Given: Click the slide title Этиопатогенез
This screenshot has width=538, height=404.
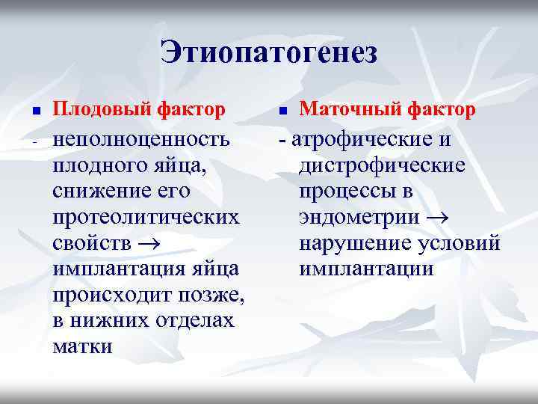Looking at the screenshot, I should (269, 52).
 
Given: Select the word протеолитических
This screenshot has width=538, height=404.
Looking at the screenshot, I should (146, 218).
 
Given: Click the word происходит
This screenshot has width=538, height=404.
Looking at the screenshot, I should (110, 296).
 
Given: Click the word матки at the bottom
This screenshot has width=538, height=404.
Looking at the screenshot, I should (83, 348).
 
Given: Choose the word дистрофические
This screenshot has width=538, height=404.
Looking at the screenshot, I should (381, 165).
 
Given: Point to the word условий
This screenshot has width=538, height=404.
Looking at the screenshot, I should (458, 244).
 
